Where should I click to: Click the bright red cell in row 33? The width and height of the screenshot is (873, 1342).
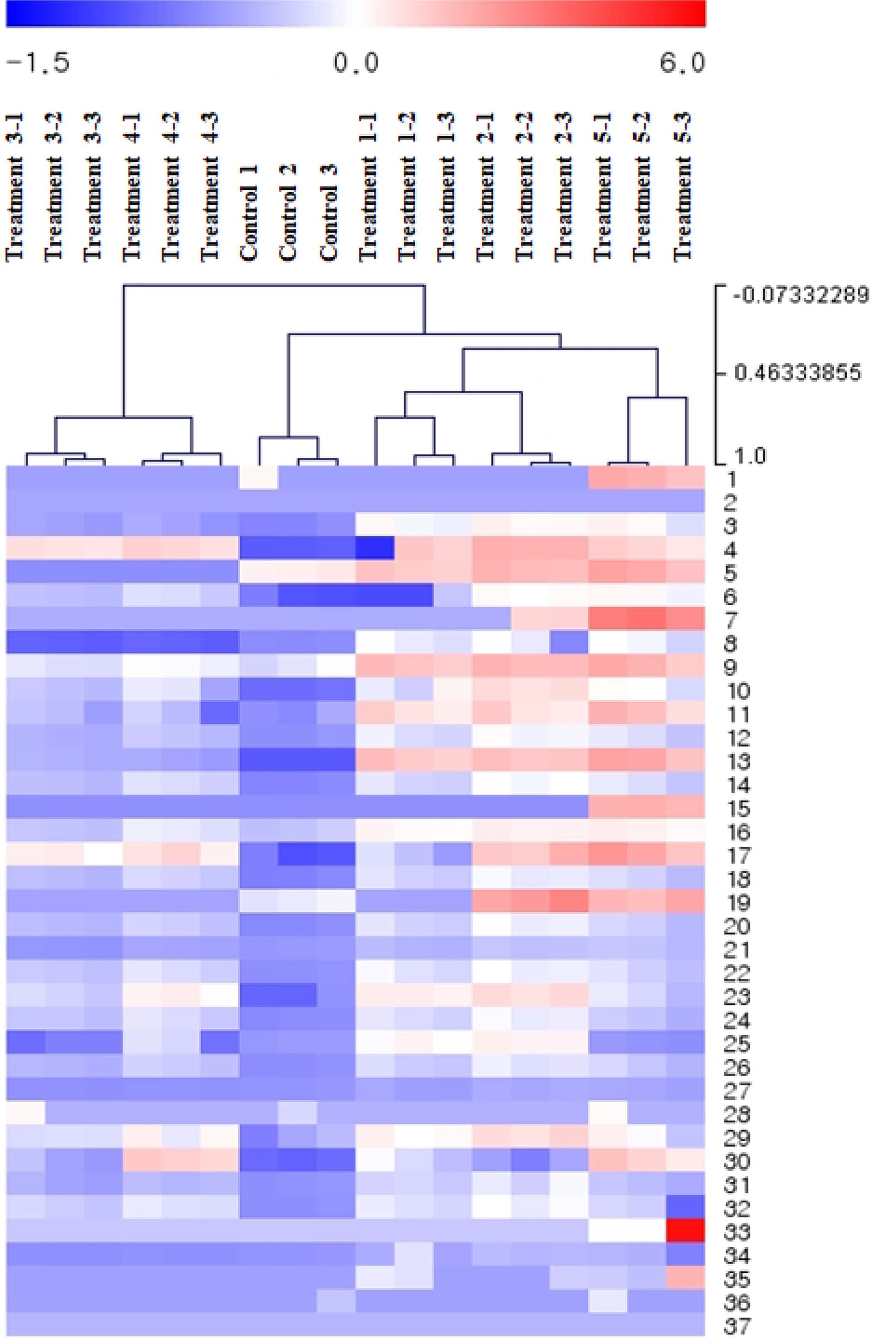[685, 1230]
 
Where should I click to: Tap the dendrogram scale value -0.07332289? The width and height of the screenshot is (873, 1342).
[800, 295]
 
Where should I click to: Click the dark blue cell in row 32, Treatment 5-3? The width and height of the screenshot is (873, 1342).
[685, 1207]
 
